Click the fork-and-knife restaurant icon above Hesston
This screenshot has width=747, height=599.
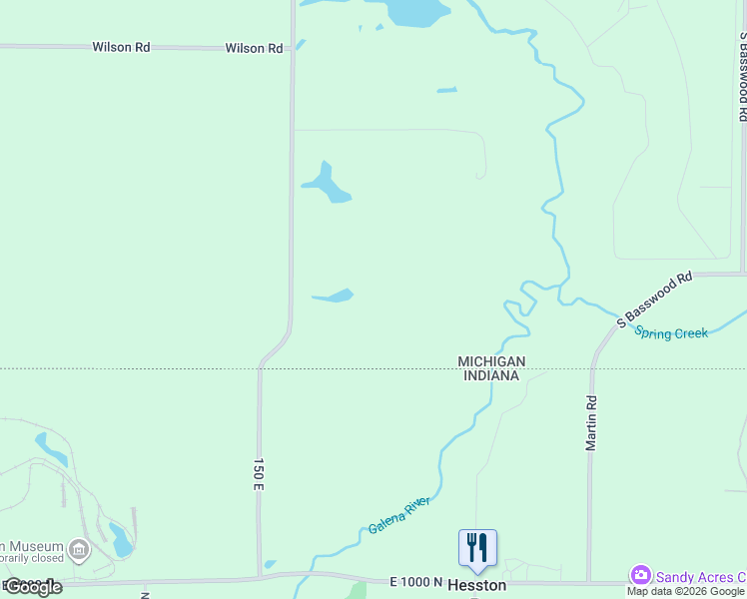pyautogui.click(x=477, y=547)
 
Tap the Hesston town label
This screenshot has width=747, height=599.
pyautogui.click(x=476, y=585)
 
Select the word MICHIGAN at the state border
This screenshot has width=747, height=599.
pyautogui.click(x=491, y=361)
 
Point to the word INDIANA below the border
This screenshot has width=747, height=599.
pyautogui.click(x=491, y=375)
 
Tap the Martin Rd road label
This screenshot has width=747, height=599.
pyautogui.click(x=592, y=421)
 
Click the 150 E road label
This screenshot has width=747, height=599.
pyautogui.click(x=258, y=474)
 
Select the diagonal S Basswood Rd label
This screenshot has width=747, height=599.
pyautogui.click(x=654, y=300)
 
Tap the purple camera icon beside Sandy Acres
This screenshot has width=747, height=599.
pyautogui.click(x=640, y=575)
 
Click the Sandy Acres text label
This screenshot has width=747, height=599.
pyautogui.click(x=699, y=576)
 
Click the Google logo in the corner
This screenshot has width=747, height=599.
pyautogui.click(x=33, y=587)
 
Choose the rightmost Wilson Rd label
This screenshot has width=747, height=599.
pyautogui.click(x=254, y=48)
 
